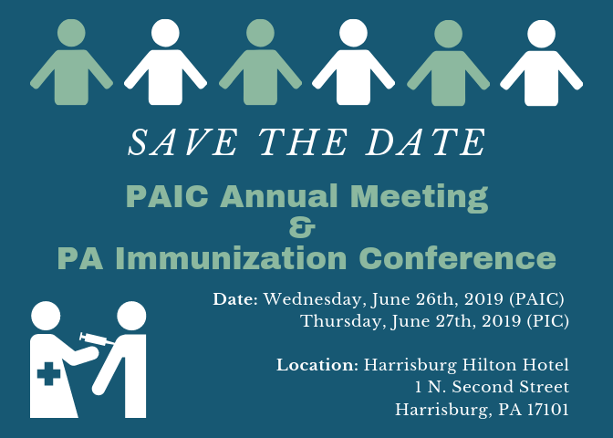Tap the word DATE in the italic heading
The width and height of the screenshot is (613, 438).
425,142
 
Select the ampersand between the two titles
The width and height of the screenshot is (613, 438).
302,228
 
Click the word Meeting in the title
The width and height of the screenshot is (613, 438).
419,197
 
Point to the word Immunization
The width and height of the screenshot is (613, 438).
231,258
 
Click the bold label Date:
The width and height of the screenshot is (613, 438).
235,299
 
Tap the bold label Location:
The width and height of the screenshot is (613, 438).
317,365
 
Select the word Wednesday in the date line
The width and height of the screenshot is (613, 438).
316,300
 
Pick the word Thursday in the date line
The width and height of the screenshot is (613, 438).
340,322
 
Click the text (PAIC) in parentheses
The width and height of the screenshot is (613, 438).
536,299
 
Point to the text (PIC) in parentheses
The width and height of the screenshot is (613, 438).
547,321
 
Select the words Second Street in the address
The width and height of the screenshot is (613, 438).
511,387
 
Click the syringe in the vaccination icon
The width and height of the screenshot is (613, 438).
97,339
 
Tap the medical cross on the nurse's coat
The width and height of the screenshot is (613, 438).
48,373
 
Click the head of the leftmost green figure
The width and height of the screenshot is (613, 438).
71,33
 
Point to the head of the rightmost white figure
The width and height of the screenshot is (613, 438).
542,34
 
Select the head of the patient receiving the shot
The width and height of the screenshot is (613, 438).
131,316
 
